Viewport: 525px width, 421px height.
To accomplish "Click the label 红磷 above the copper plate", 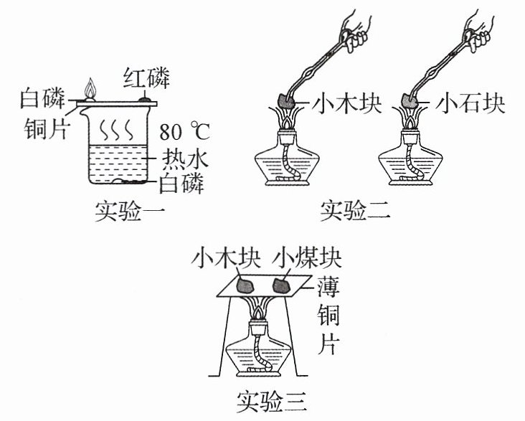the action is pos(146,78).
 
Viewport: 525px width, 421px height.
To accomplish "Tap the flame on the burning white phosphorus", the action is pos(90,87).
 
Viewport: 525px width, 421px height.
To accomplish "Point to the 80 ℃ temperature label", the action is pos(184,132).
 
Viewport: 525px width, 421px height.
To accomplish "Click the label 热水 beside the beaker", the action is pos(184,158).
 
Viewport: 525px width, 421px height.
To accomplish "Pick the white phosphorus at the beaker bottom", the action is pos(131,181).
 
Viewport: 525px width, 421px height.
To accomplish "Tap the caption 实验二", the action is pos(356,211).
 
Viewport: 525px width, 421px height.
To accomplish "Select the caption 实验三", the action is pos(272,402).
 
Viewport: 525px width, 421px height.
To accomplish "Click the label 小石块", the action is pos(470,103).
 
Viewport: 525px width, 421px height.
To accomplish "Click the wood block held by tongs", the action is pos(287,100).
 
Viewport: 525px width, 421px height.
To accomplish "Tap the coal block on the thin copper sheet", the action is pos(282,285).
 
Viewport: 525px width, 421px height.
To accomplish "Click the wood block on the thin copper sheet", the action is pos(245,285).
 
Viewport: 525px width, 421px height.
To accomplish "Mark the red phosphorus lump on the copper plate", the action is pos(145,99).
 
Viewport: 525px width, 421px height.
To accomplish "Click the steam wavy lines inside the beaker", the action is pos(117,130).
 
